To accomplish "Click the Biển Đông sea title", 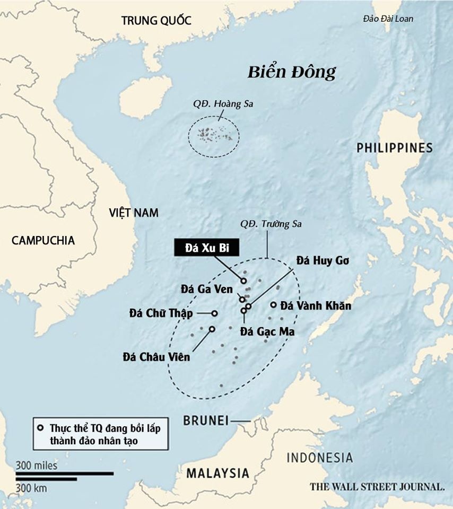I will tap(292, 72).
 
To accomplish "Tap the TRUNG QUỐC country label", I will tap(155, 21).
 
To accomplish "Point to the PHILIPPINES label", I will tap(394, 148).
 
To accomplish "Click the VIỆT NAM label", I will tap(134, 213).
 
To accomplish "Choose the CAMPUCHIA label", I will tap(43, 240).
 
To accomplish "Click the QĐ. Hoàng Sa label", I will tap(223, 104).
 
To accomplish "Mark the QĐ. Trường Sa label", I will tap(271, 224).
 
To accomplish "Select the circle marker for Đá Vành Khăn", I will tap(274, 305).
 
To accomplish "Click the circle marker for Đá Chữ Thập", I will tap(215, 313).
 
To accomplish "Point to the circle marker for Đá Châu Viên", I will tap(212, 329).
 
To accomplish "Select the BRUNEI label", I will tap(205, 421).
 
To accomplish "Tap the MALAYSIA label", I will tap(217, 473).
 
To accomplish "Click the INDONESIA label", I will tap(319, 458).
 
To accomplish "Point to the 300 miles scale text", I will tap(36, 466).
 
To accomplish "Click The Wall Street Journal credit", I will tap(377, 486).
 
